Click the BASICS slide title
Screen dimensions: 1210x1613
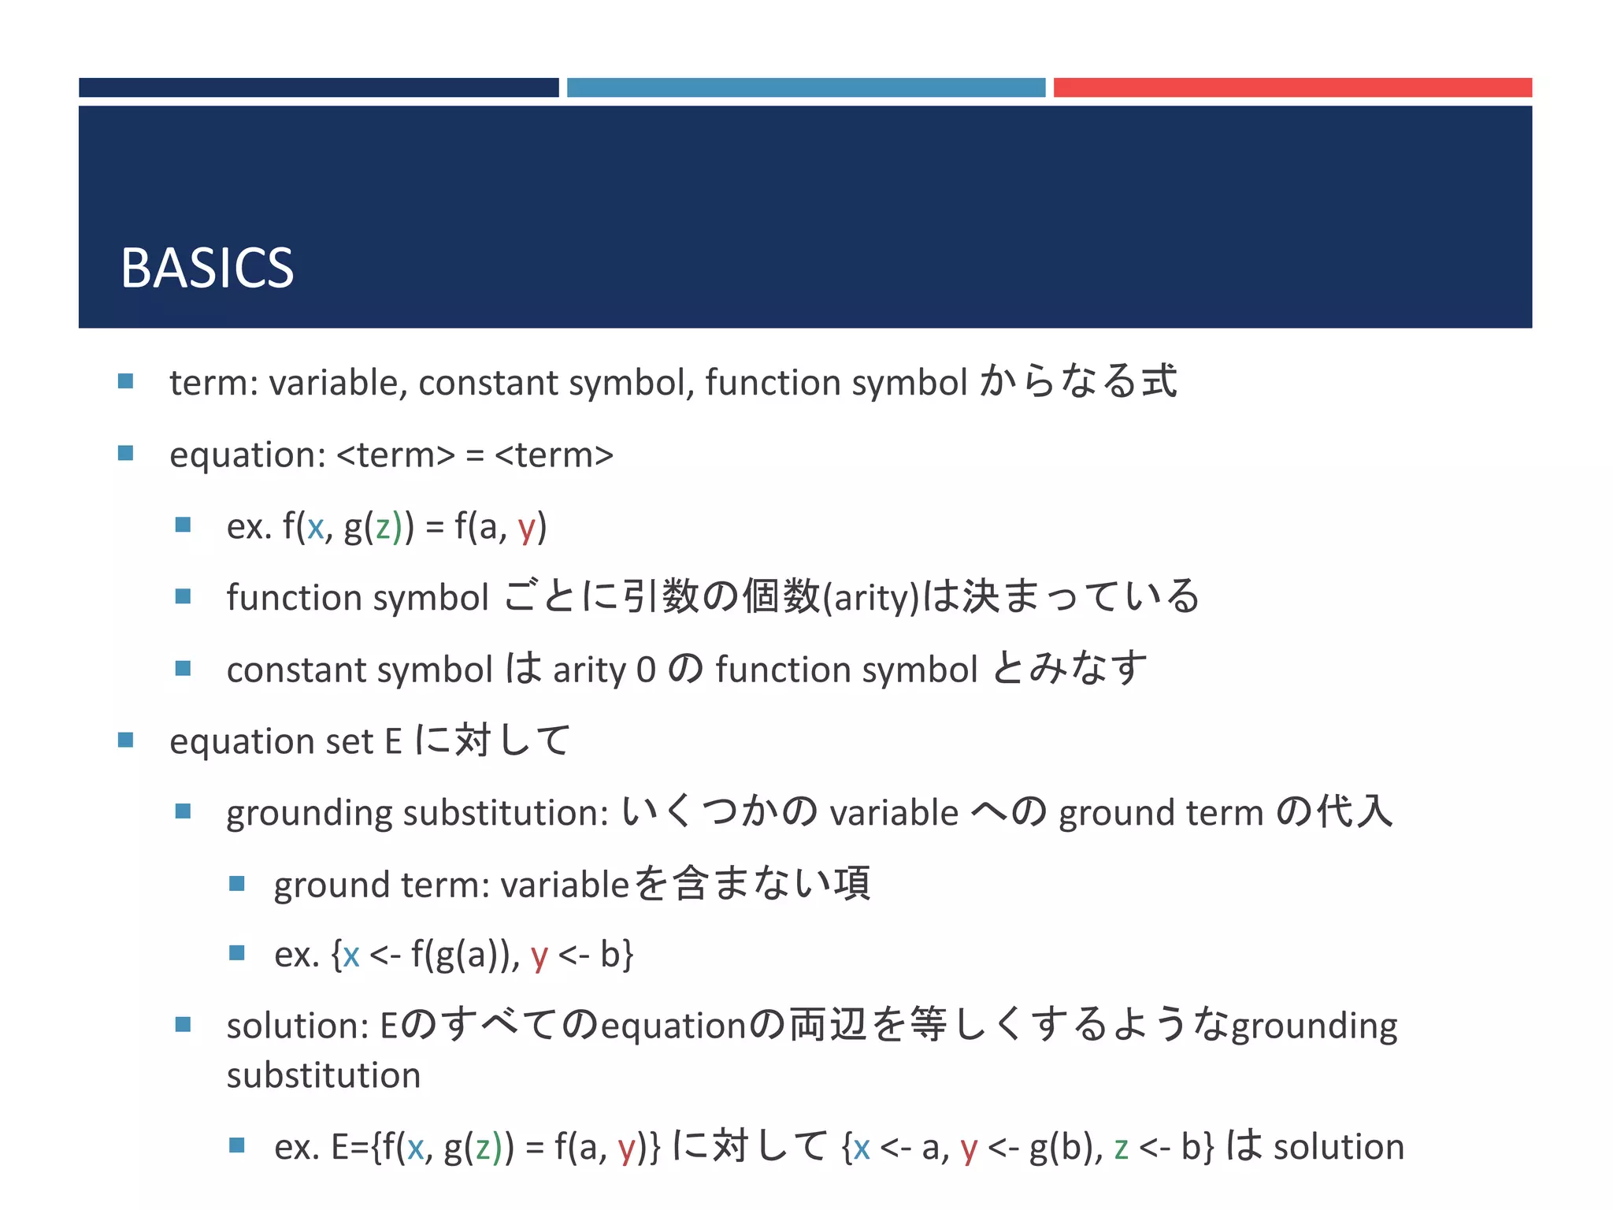pos(207,269)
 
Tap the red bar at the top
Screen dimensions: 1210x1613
pos(1292,87)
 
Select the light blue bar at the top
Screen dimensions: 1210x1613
pos(806,87)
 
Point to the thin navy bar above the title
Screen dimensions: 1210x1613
pos(318,87)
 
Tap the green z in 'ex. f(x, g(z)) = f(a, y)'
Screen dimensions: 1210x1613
pos(384,527)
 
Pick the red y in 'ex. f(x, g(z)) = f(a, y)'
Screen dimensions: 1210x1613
pos(527,529)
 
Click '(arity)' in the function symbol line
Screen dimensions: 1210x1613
pos(871,598)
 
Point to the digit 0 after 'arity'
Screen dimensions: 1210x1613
pos(646,670)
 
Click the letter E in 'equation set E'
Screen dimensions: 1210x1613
pos(393,742)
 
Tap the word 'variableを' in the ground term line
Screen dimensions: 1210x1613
pos(584,885)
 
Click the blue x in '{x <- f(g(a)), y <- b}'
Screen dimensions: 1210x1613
pos(351,956)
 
